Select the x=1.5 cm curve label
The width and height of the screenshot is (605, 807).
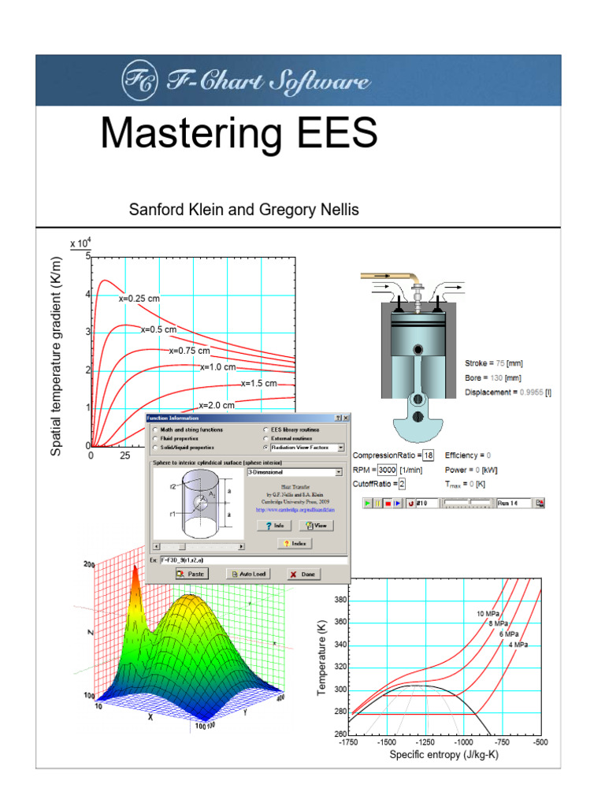click(x=259, y=384)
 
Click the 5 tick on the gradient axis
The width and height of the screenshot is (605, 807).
click(x=87, y=257)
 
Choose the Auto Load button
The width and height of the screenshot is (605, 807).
click(x=247, y=575)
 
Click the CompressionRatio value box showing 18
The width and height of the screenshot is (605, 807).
click(x=428, y=456)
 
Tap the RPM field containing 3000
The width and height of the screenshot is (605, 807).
click(x=387, y=470)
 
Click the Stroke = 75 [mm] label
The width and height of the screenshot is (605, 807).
click(x=494, y=363)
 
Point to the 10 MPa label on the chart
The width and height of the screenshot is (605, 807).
click(x=491, y=613)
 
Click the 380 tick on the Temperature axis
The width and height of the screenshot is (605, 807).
click(x=340, y=600)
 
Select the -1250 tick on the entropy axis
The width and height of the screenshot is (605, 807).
click(x=425, y=742)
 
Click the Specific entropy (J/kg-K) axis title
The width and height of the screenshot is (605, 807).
click(x=444, y=755)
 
